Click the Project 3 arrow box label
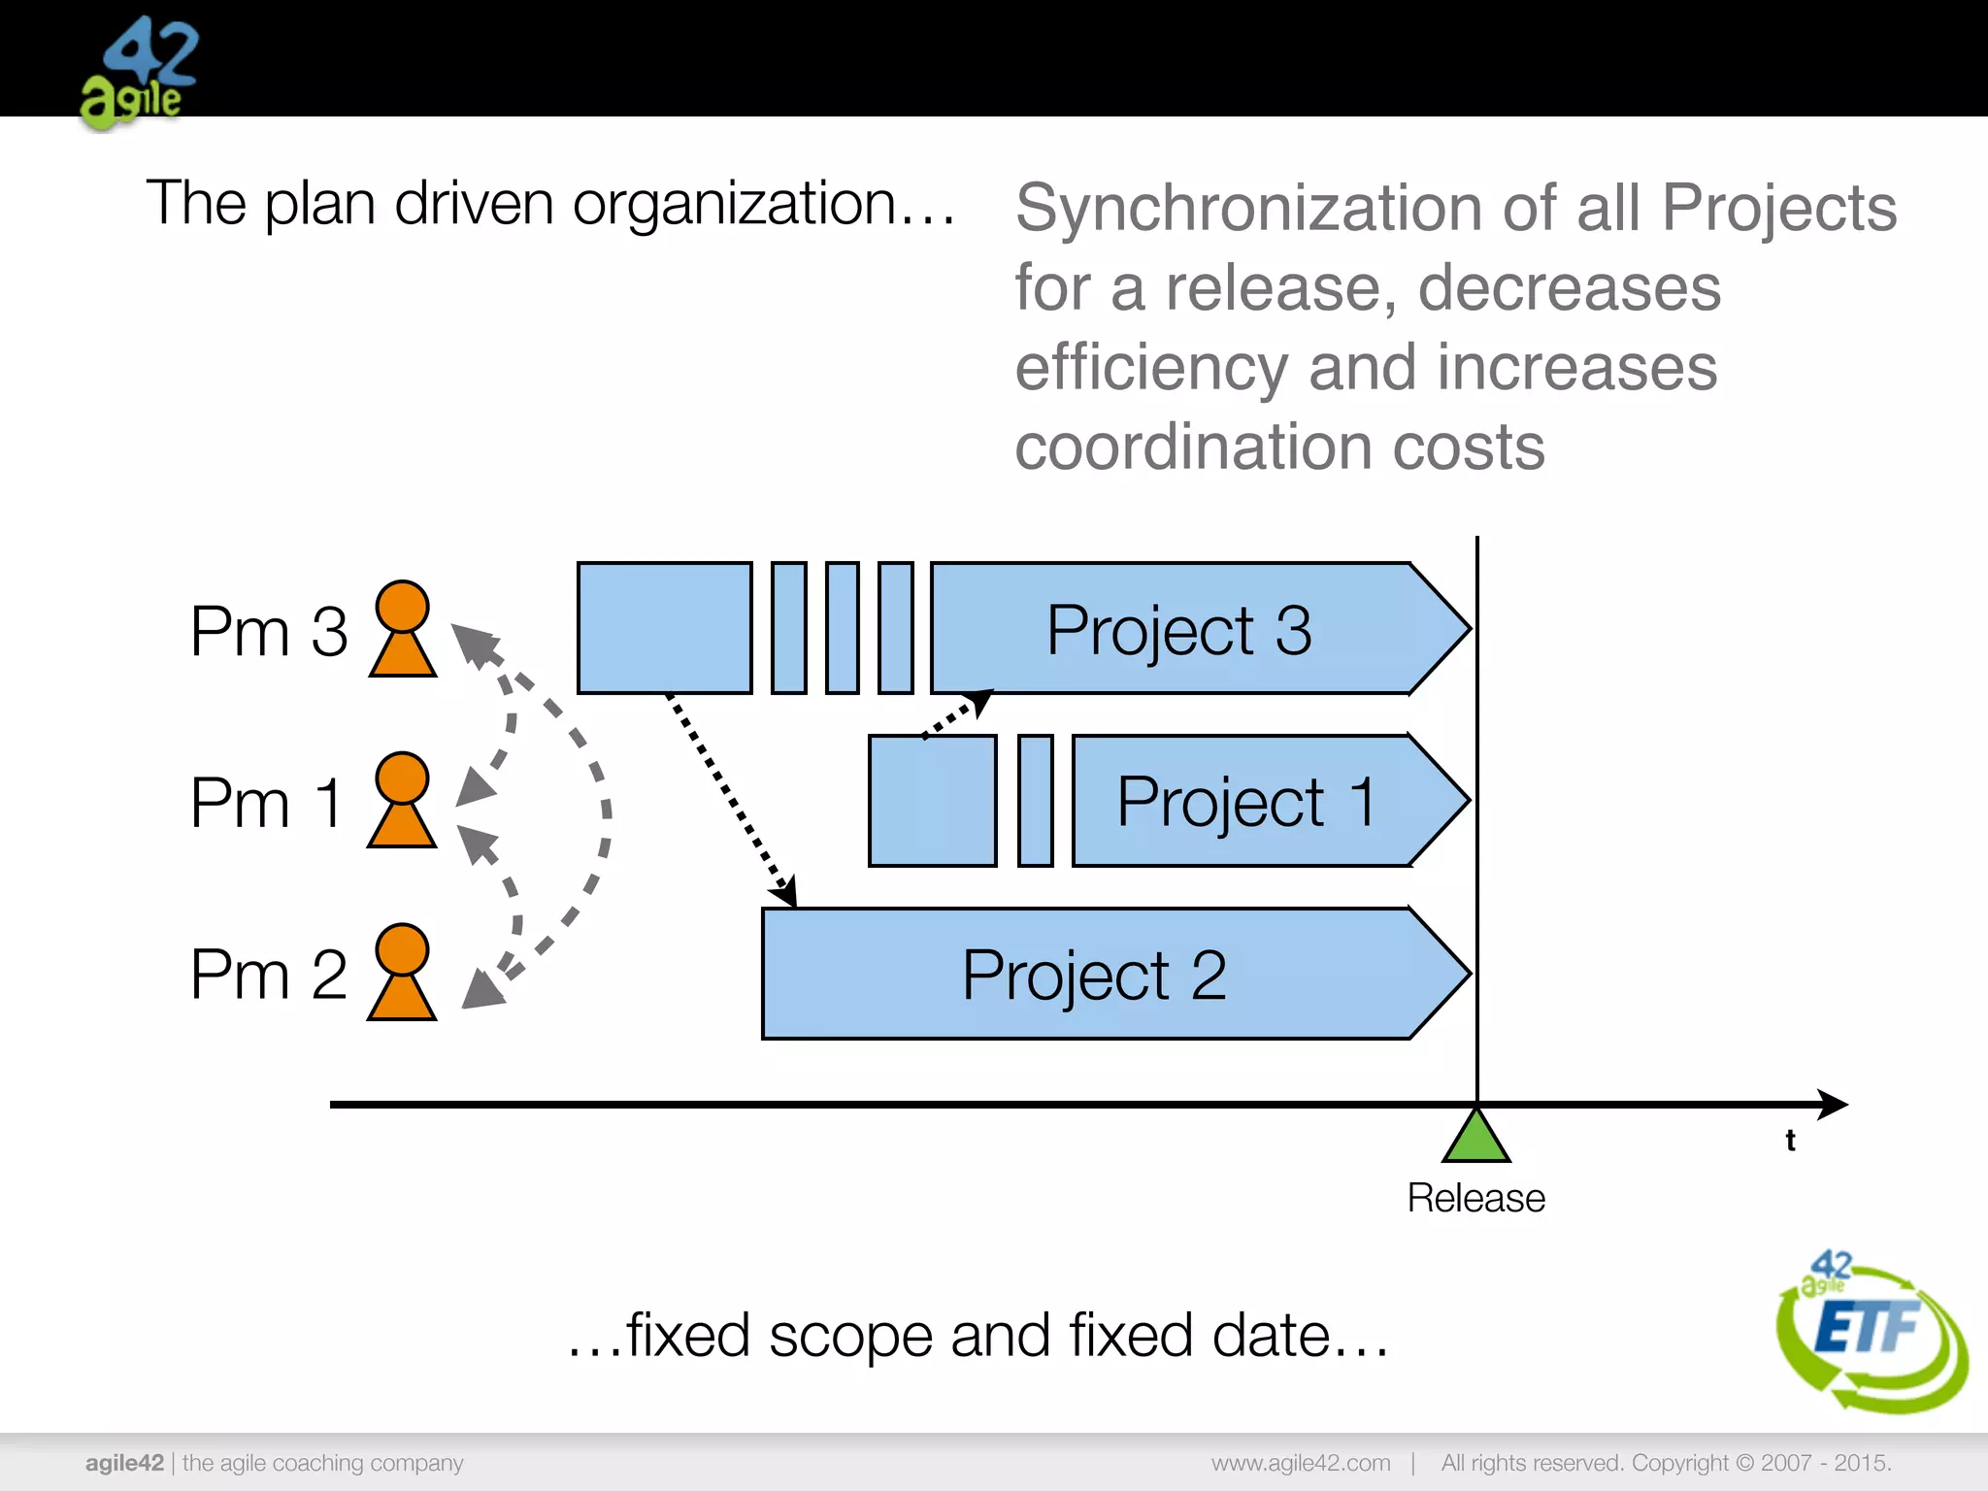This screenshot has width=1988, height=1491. (x=1178, y=630)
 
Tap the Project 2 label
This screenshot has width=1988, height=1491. (x=1094, y=975)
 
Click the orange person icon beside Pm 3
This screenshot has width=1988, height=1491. (x=402, y=628)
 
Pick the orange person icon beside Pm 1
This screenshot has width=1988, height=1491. (x=402, y=800)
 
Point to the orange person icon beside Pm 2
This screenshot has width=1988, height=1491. (x=402, y=972)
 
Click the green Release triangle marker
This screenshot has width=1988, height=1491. (x=1476, y=1138)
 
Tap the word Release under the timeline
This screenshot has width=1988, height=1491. (x=1475, y=1198)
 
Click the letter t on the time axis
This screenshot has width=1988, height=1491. (x=1790, y=1141)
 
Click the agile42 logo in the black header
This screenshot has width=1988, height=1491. (x=139, y=73)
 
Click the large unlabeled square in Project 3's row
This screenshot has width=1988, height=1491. (x=665, y=628)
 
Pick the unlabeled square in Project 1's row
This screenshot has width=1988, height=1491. (x=933, y=801)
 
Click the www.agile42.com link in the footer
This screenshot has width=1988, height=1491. (x=1301, y=1463)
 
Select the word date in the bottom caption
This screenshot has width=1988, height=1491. (x=1272, y=1336)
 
